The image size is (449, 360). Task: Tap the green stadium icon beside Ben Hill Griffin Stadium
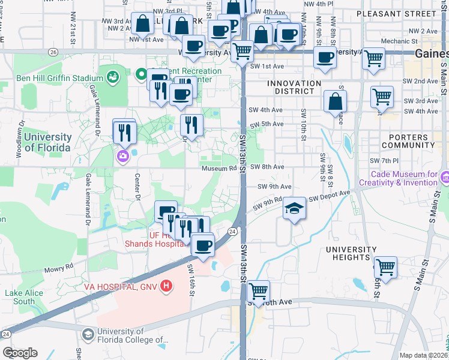click(x=112, y=77)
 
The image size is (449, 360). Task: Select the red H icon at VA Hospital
click(x=166, y=287)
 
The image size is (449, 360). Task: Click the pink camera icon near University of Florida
click(x=123, y=157)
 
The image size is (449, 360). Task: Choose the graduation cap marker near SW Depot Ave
click(x=294, y=208)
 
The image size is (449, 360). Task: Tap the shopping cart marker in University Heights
click(x=385, y=266)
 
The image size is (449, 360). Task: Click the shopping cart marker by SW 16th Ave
click(x=259, y=291)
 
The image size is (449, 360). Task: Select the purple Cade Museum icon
click(x=445, y=178)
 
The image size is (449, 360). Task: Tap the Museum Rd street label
click(x=218, y=167)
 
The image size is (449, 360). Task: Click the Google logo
click(x=20, y=352)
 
